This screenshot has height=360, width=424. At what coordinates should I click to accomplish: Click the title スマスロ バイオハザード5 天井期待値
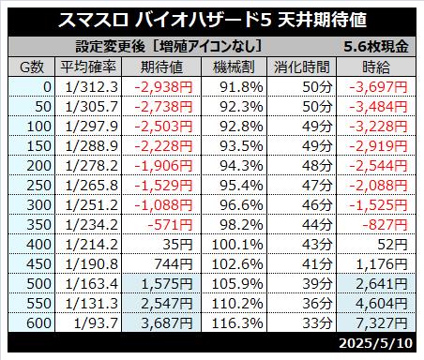(x=212, y=20)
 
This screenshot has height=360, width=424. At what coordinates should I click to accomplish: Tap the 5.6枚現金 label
(x=376, y=47)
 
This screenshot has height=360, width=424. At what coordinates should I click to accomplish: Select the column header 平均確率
(x=88, y=67)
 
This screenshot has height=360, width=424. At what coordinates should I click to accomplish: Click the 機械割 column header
(x=234, y=67)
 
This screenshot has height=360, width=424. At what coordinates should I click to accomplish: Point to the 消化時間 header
(x=302, y=67)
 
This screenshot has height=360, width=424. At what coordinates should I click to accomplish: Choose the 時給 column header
(x=376, y=67)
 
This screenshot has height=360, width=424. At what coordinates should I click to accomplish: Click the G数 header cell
(x=32, y=67)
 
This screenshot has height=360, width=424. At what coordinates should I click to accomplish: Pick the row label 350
(x=38, y=225)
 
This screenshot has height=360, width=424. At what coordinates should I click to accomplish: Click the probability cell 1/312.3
(x=91, y=87)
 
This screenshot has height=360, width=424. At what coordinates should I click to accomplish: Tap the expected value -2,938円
(x=163, y=87)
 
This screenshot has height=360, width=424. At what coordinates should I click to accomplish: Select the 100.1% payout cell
(x=237, y=245)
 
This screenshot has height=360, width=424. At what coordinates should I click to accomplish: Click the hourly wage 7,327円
(x=382, y=323)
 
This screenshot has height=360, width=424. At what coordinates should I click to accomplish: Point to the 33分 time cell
(x=317, y=323)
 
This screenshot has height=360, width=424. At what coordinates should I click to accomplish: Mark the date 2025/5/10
(x=376, y=343)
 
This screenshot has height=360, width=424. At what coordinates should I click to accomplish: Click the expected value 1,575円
(x=167, y=284)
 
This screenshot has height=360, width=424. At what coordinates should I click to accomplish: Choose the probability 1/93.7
(x=96, y=323)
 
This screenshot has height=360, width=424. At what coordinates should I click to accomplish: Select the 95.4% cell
(x=241, y=186)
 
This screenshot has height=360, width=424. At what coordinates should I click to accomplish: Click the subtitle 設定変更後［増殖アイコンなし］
(x=169, y=47)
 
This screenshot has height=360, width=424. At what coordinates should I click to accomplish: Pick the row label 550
(x=38, y=304)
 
